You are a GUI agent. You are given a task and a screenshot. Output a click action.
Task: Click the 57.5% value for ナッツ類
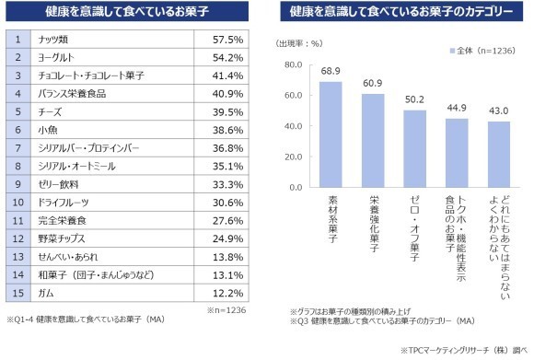pos(227,41)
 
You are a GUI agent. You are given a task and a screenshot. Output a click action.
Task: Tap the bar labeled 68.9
pos(331,134)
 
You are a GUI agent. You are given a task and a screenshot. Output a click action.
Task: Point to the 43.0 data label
pos(500,111)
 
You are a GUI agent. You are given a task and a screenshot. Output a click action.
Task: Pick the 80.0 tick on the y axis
pos(293,65)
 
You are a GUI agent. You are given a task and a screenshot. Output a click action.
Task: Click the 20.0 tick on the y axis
pos(293,157)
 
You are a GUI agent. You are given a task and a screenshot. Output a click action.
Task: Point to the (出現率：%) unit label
pos(299,43)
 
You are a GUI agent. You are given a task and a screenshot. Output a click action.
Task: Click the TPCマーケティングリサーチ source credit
pos(465,351)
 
